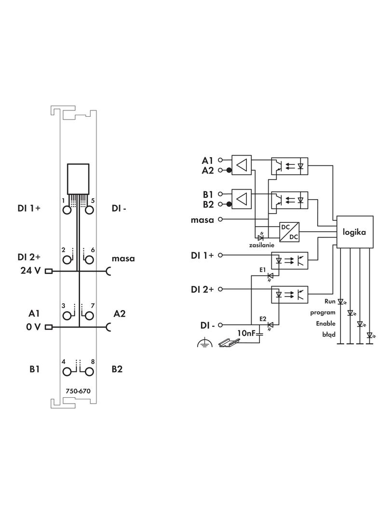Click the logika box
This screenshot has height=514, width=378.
coord(354,232)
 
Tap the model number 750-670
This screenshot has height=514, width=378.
coord(78,392)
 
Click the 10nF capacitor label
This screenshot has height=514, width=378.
coord(246,333)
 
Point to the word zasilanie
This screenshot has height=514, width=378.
coord(262,245)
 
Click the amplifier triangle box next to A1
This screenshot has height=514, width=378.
coord(242,164)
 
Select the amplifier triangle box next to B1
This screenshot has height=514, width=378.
coord(242,199)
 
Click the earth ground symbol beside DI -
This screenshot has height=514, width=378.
coord(204,343)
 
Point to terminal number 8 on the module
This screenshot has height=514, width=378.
coord(93,362)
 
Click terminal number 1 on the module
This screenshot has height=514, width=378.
coord(63,200)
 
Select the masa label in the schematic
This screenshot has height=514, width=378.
coord(202,219)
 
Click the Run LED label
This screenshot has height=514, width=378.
coord(329,301)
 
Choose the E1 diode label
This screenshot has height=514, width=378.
coord(263,270)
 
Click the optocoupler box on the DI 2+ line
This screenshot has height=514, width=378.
coord(290,294)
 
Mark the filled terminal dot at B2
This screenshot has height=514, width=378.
coord(229,204)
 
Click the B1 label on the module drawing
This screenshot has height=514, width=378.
coord(34,369)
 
